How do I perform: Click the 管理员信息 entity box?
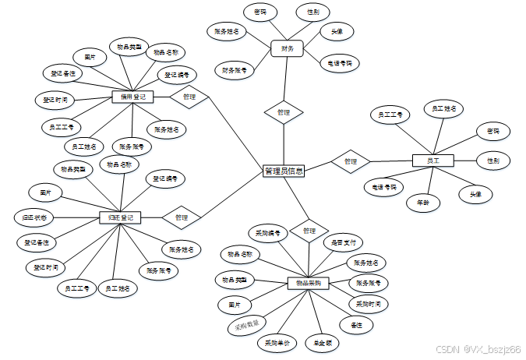point(284,171)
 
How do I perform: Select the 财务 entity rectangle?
point(287,48)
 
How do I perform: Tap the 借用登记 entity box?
point(132,97)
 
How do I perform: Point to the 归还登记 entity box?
point(120,217)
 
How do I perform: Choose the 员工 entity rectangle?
point(432,160)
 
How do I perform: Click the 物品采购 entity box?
point(309,283)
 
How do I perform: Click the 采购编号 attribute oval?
point(269,233)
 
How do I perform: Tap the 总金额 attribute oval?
point(323,341)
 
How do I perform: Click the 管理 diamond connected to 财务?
point(284,112)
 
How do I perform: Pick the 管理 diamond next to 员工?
point(351,161)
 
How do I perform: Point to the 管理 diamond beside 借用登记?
point(189,97)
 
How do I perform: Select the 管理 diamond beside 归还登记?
point(182,217)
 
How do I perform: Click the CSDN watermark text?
point(478,350)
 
